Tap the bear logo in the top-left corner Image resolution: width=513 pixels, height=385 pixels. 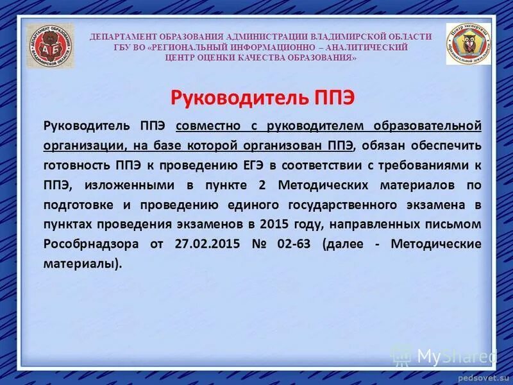(50, 46)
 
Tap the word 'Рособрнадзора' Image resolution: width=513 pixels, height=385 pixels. (89, 244)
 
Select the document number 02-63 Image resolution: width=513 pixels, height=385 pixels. (294, 244)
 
